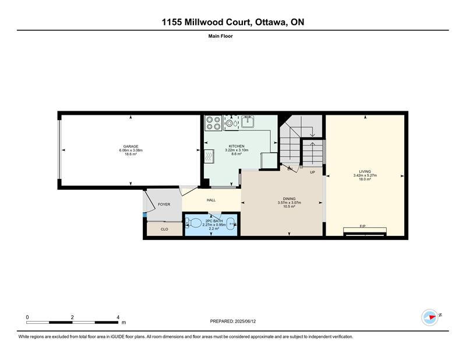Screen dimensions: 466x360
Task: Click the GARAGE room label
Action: click(x=130, y=146)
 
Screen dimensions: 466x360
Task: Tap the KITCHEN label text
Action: click(x=236, y=146)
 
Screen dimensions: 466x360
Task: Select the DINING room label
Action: click(x=289, y=199)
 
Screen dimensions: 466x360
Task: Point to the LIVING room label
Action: click(x=365, y=171)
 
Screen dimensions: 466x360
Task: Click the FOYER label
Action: click(x=164, y=204)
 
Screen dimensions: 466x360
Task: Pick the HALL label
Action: click(x=211, y=200)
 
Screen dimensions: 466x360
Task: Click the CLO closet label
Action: click(x=164, y=229)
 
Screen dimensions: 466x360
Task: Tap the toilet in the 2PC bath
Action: click(x=193, y=223)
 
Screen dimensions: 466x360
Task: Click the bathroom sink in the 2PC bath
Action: click(x=231, y=224)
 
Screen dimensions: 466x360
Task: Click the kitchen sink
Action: click(x=248, y=121)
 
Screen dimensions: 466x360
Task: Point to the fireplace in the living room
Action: click(x=365, y=232)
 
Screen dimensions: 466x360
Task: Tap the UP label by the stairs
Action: click(x=312, y=172)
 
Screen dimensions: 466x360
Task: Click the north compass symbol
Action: click(x=430, y=317)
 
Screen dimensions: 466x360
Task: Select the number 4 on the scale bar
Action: click(x=118, y=317)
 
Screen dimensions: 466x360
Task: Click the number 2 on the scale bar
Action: click(x=72, y=317)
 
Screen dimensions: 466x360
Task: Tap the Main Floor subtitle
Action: click(x=221, y=36)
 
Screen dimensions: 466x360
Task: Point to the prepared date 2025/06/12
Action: click(x=245, y=322)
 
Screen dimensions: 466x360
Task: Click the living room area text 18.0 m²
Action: click(x=365, y=179)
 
